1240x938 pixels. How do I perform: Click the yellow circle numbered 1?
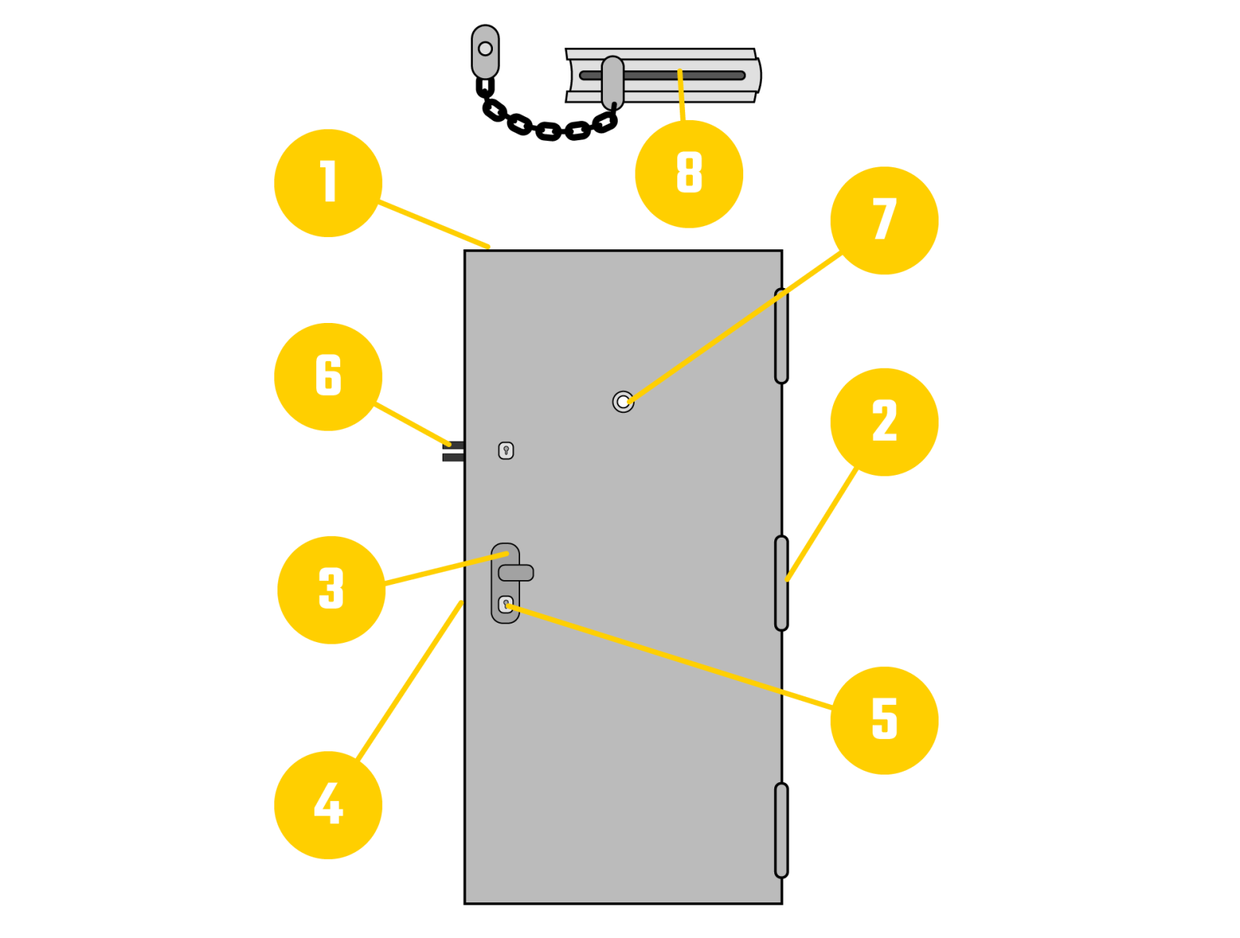coord(328,183)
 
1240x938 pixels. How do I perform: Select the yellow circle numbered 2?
coord(884,422)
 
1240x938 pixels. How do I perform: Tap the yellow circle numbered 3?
coord(331,589)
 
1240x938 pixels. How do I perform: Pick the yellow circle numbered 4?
coord(328,805)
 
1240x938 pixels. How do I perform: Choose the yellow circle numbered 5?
coord(884,720)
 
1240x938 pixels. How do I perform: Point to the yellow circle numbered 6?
coord(328,376)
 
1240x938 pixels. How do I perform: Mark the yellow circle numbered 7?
coord(884,221)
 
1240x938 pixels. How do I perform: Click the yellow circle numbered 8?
coord(689,174)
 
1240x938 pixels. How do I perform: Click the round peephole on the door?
coord(623,402)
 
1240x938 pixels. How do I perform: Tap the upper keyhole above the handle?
coord(506,450)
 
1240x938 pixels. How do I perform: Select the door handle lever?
coord(516,573)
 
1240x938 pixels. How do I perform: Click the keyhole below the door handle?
coord(505,604)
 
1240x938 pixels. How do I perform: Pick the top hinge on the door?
coord(781,335)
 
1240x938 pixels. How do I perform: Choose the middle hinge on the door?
coord(781,583)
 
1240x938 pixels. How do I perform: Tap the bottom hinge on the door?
coord(781,830)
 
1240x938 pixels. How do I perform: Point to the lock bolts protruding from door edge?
coord(453,452)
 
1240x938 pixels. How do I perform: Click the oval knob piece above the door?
coord(485,52)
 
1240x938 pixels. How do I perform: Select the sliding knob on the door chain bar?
coord(613,81)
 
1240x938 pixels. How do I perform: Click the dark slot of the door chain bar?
coord(697,76)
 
